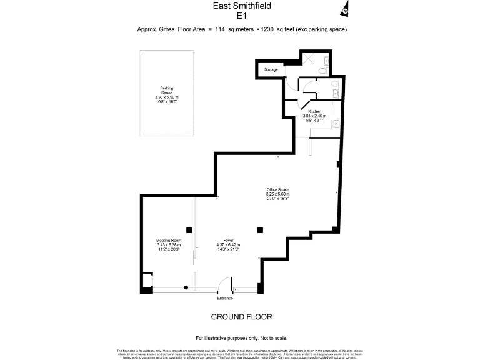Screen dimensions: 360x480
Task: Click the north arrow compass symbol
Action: coord(345,10)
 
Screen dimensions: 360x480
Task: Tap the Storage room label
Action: coord(271,69)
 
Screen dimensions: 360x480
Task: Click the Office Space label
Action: coord(277,189)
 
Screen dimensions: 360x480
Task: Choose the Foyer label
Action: coord(228,239)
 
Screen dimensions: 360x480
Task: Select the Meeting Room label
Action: coord(168,240)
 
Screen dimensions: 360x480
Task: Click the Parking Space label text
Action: coord(166,90)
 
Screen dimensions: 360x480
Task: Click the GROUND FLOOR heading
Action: coord(241,317)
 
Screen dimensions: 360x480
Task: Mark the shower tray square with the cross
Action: coord(308,57)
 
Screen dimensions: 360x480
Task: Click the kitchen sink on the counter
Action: coord(336,123)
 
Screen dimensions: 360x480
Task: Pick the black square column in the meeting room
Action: coord(189,229)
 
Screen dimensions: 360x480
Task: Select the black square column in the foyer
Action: coord(261,230)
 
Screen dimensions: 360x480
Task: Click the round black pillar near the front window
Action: coord(186,287)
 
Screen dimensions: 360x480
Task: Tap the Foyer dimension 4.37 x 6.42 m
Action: coord(228,244)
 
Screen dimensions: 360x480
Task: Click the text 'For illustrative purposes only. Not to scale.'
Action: coord(241,337)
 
